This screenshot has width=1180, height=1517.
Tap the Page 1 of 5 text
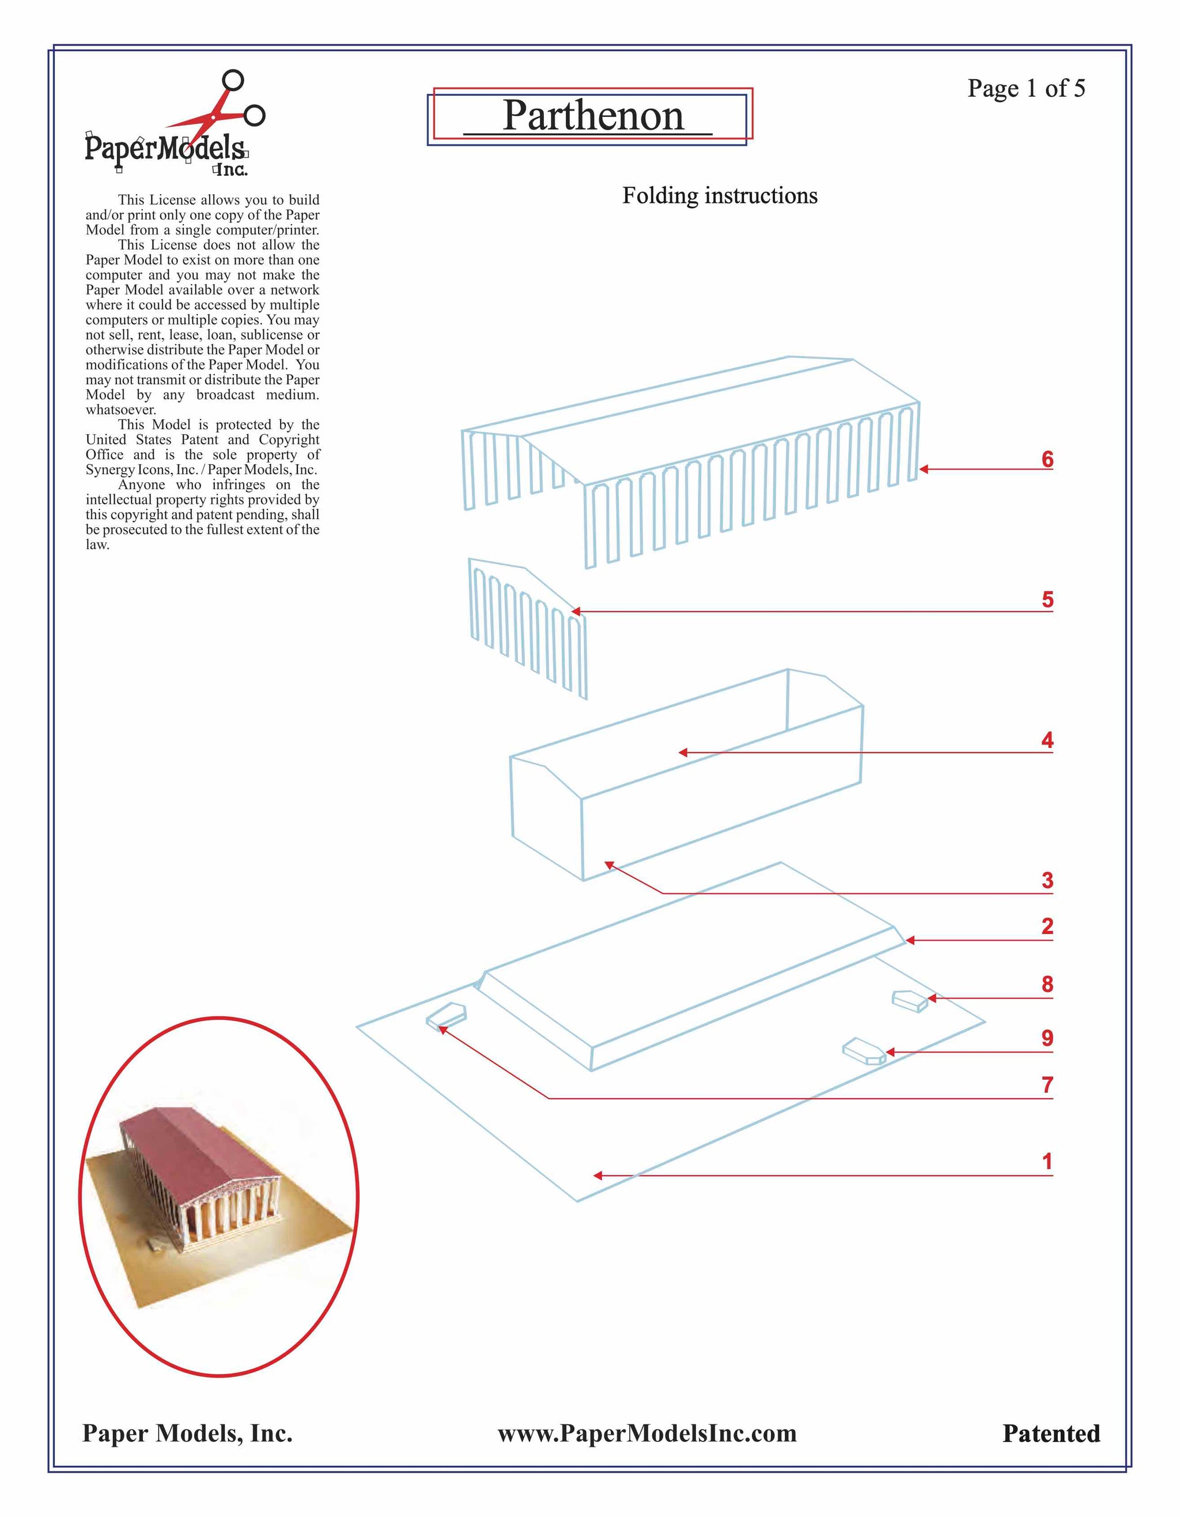pyautogui.click(x=1025, y=88)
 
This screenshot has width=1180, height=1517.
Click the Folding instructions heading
pyautogui.click(x=719, y=196)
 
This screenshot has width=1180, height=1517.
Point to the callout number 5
pyautogui.click(x=1047, y=599)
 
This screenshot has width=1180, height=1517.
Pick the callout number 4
pyautogui.click(x=1047, y=740)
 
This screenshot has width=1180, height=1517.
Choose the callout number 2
pyautogui.click(x=1047, y=926)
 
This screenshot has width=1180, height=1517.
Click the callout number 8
pyautogui.click(x=1047, y=984)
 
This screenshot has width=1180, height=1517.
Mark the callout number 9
pyautogui.click(x=1047, y=1038)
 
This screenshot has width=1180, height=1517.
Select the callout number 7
pyautogui.click(x=1047, y=1085)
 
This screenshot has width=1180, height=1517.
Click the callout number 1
pyautogui.click(x=1047, y=1162)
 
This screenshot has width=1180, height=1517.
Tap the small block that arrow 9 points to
pyautogui.click(x=863, y=1050)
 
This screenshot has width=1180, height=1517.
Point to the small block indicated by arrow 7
pyautogui.click(x=445, y=1016)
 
